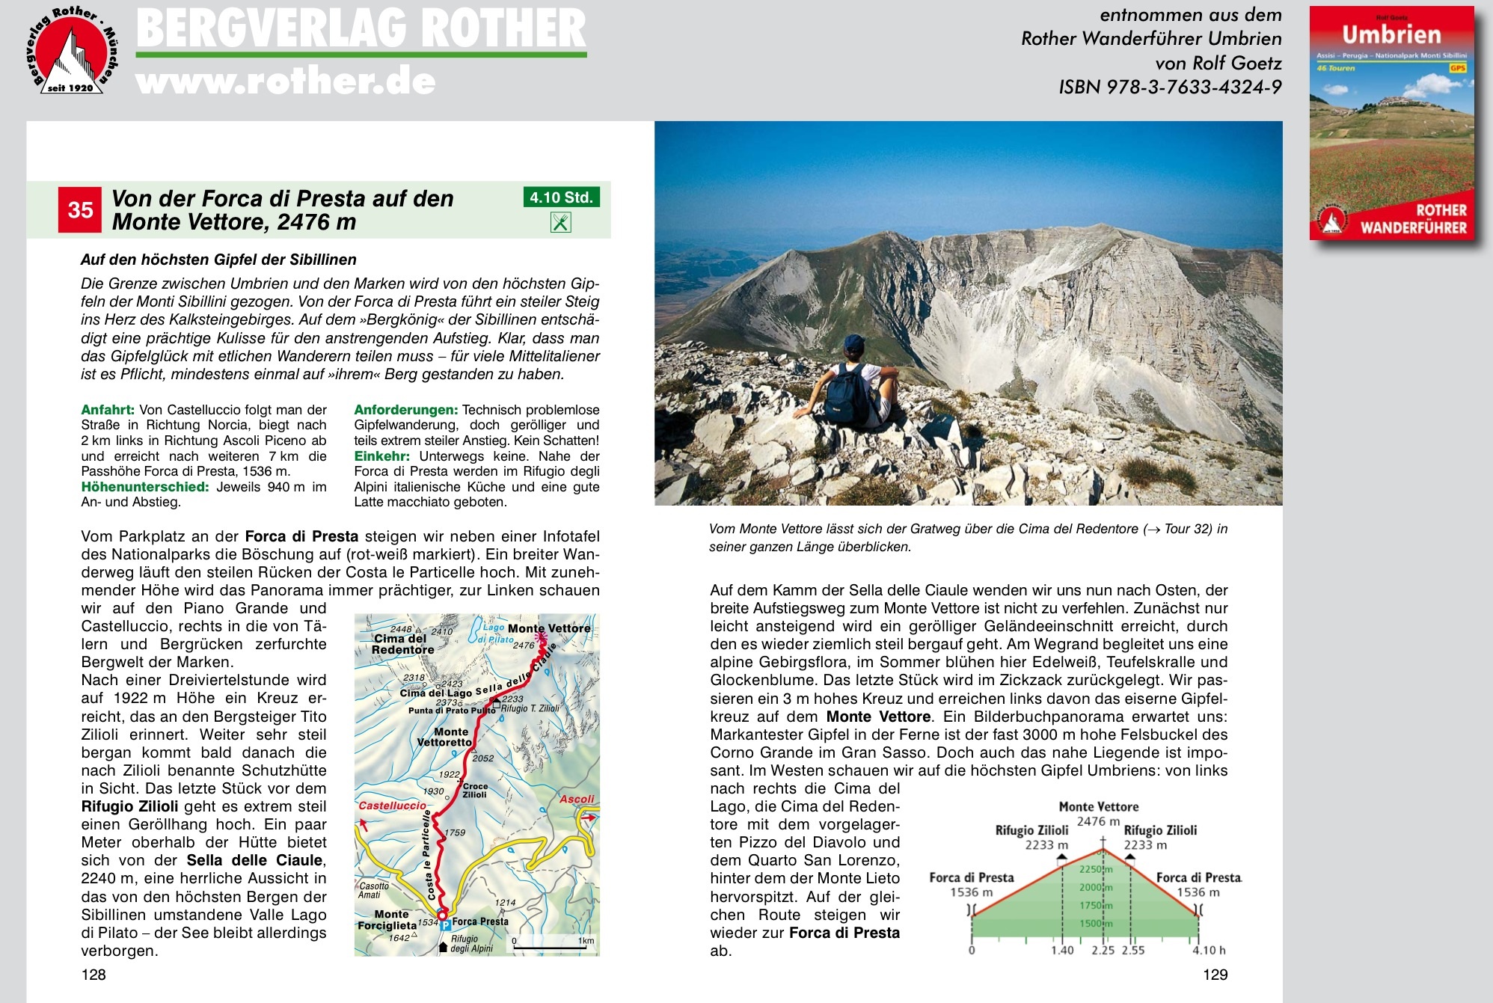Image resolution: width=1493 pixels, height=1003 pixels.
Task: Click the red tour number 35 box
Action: pos(80,210)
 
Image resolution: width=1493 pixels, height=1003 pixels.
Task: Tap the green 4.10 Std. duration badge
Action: pos(561,197)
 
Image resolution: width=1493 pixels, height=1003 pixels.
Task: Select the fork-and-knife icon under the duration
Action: pos(561,222)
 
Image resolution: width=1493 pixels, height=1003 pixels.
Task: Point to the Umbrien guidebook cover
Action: pos(1391,123)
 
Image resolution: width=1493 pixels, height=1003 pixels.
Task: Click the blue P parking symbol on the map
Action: pos(446,925)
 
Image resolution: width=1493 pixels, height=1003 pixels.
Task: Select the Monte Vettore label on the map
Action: pos(549,628)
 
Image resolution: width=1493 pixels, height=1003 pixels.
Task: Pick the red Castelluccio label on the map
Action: pos(392,806)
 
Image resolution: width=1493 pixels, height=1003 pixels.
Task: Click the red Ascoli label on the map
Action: pos(577,799)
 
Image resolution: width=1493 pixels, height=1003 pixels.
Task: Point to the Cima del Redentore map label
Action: pos(403,644)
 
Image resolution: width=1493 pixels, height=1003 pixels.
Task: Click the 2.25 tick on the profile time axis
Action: pos(1103,951)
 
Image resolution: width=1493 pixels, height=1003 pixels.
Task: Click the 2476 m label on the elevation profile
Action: pos(1098,821)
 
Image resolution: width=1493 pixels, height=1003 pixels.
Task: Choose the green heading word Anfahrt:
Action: pos(108,410)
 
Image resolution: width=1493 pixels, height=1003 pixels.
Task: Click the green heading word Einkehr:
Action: pos(381,456)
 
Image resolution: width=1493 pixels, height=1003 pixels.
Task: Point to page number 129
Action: pos(1215,975)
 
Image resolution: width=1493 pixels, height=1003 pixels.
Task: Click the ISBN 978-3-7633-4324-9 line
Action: pos(1170,88)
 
